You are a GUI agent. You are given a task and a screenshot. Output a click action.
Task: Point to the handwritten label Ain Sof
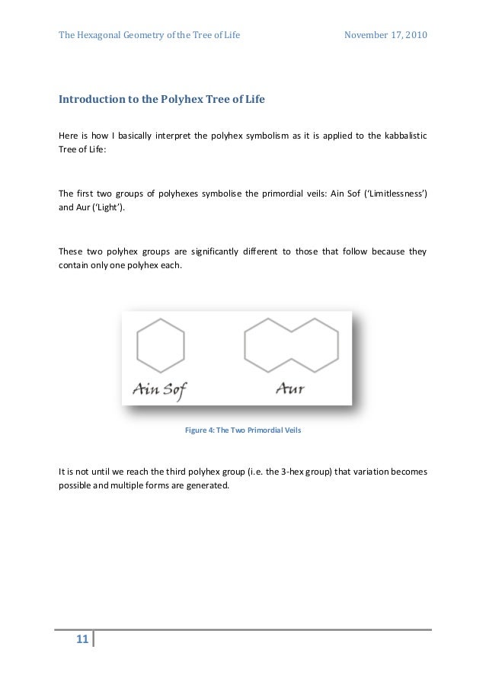point(159,390)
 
